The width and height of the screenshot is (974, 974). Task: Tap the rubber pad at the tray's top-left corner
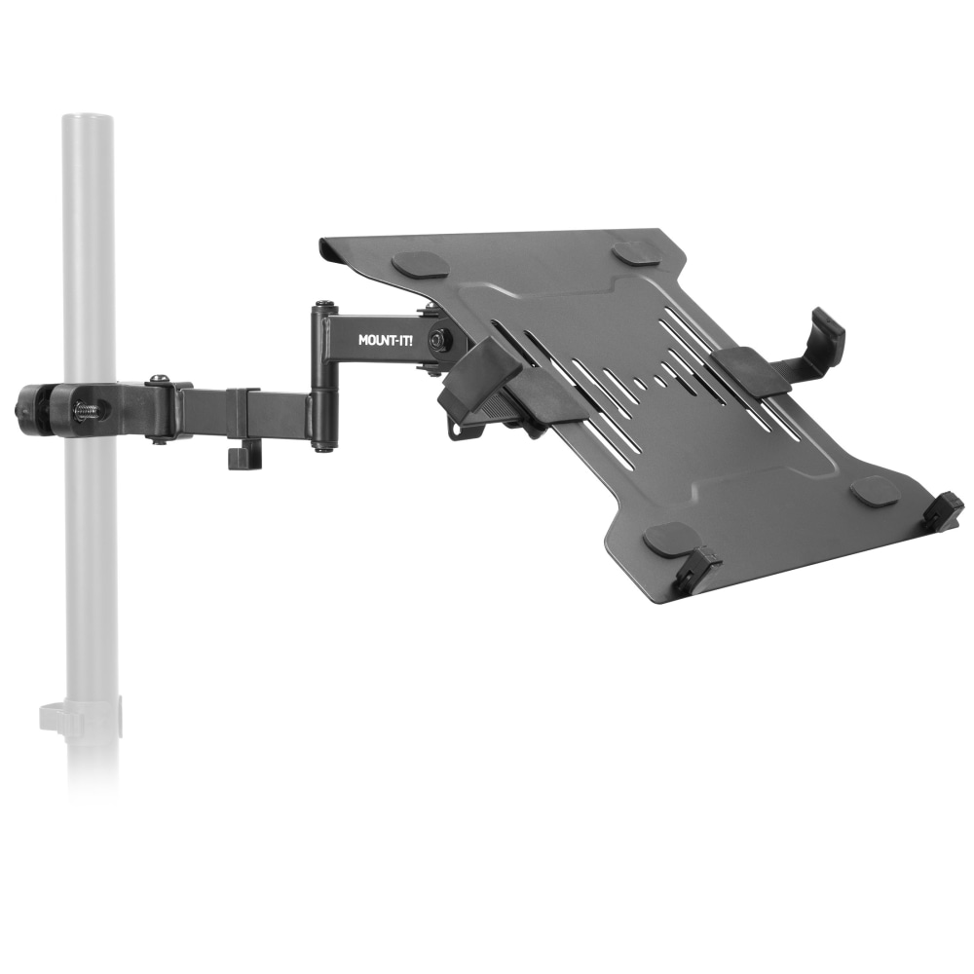[x=419, y=264]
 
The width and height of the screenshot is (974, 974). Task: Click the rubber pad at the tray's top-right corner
[x=636, y=250]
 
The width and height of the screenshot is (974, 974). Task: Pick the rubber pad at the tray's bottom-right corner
[x=874, y=491]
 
